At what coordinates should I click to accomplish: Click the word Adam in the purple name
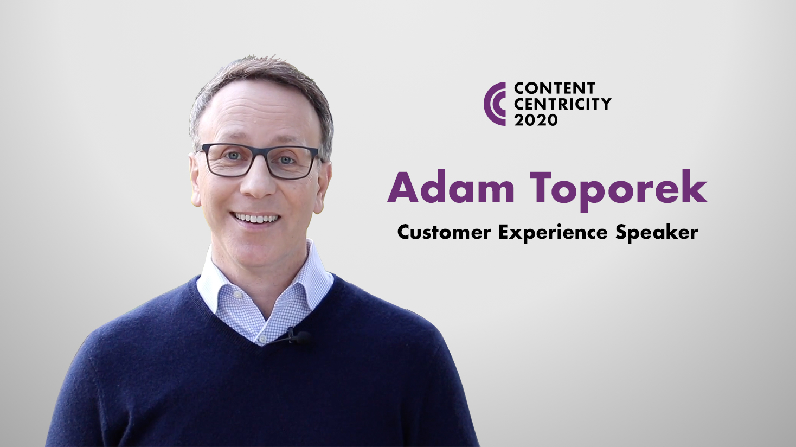click(x=451, y=187)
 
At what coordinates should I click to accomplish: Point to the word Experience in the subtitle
click(x=553, y=234)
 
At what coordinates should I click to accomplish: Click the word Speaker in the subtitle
click(x=657, y=234)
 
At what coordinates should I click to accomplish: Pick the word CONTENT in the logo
click(x=554, y=88)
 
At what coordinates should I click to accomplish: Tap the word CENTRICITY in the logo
click(x=562, y=104)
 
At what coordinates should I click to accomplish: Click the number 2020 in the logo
click(x=536, y=120)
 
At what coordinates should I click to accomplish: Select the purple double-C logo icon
click(x=495, y=104)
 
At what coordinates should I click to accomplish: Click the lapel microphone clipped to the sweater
click(x=298, y=336)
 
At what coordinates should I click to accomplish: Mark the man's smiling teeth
click(x=256, y=218)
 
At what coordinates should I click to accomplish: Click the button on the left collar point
click(x=236, y=295)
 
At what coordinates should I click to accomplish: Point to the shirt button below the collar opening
click(x=262, y=338)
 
